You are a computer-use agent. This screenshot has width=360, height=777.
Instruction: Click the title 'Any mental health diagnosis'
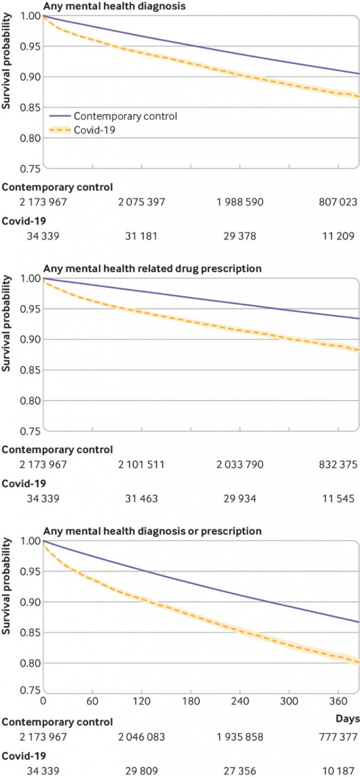pos(114,7)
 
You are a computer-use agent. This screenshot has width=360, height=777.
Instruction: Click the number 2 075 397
pos(141,202)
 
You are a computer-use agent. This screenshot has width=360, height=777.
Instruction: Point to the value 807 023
pos(337,202)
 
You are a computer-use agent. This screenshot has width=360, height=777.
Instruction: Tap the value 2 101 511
pos(141,465)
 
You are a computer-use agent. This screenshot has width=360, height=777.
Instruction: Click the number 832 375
pos(337,465)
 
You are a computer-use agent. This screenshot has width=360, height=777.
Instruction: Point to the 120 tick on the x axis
pos(141,701)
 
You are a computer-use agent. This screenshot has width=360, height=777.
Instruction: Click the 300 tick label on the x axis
pos(289,701)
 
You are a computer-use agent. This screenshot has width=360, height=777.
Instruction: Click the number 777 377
pos(337,736)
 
